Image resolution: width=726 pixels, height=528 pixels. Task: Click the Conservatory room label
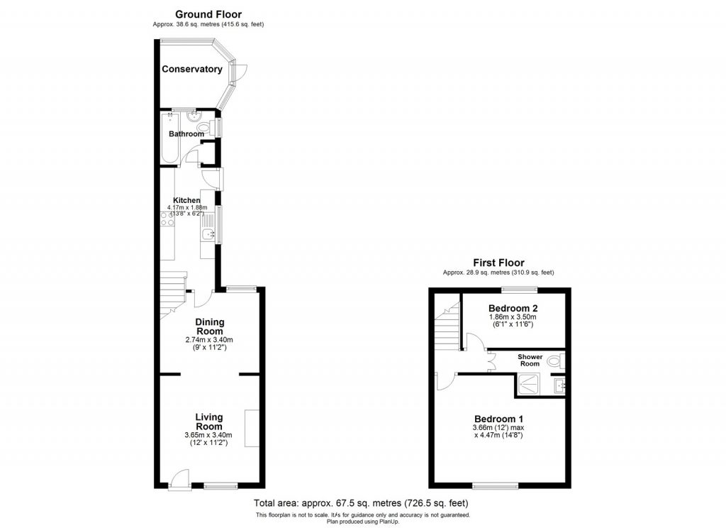pyautogui.click(x=191, y=69)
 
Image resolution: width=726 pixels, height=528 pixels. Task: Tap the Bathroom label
pyautogui.click(x=186, y=133)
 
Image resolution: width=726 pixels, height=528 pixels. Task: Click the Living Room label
pyautogui.click(x=210, y=422)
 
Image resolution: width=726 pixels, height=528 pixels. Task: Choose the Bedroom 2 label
pyautogui.click(x=513, y=308)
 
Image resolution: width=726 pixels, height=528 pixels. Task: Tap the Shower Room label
pyautogui.click(x=530, y=360)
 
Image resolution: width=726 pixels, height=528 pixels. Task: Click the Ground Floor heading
pyautogui.click(x=208, y=14)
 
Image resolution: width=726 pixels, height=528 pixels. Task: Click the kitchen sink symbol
pyautogui.click(x=207, y=235)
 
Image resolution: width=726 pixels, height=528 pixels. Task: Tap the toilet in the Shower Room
pyautogui.click(x=554, y=361)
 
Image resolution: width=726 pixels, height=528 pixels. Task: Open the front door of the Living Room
pyautogui.click(x=179, y=482)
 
